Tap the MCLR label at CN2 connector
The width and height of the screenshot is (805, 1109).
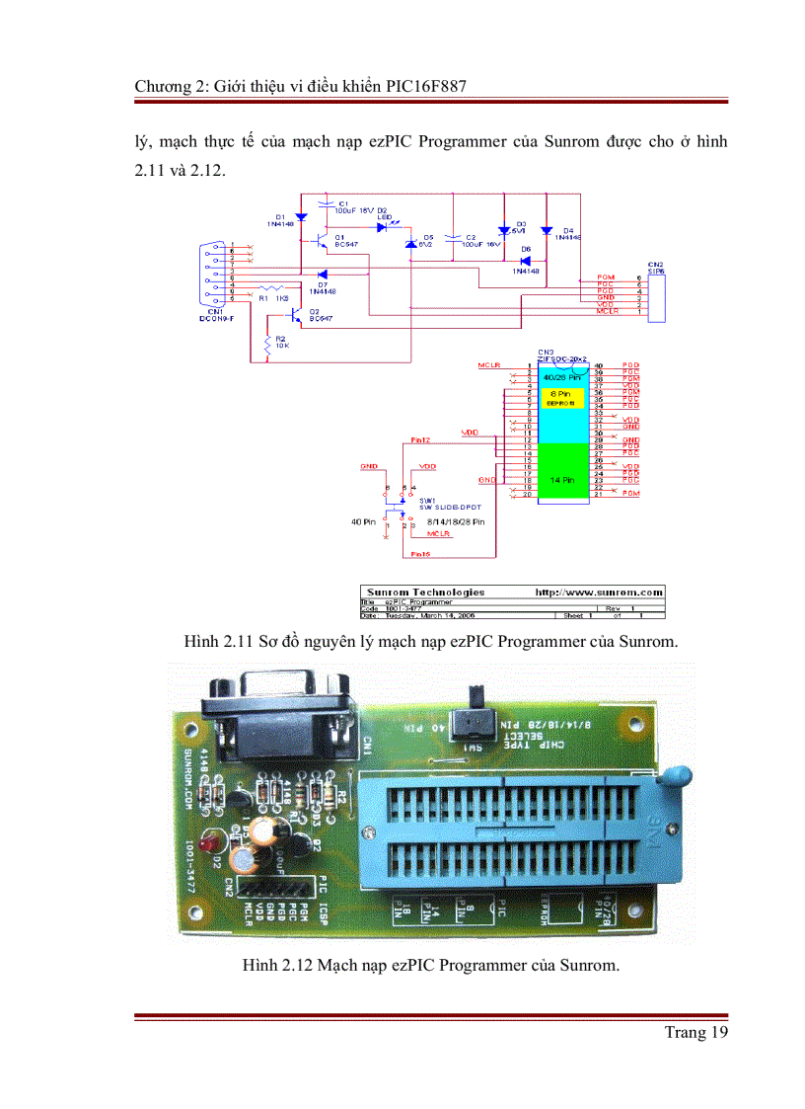tap(608, 312)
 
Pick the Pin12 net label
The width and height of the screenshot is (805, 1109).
tap(420, 438)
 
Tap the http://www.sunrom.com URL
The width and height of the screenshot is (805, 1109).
tap(598, 592)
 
